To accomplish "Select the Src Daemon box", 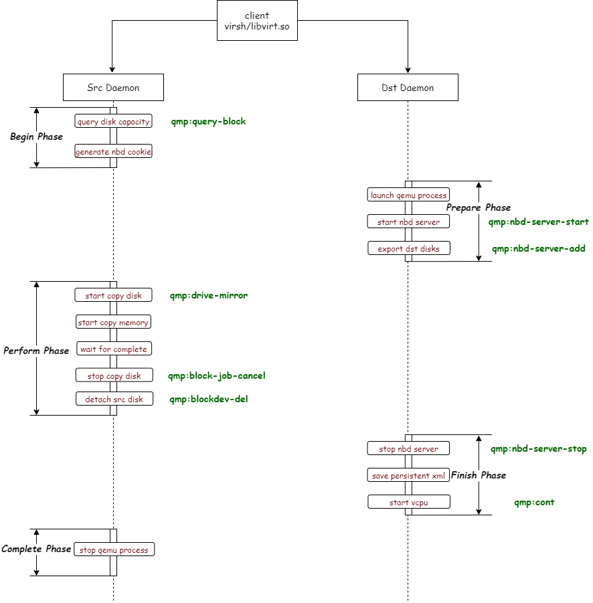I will [x=113, y=88].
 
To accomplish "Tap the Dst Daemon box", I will [x=408, y=88].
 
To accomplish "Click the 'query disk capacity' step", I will [x=113, y=122].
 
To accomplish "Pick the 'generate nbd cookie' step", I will [x=113, y=152].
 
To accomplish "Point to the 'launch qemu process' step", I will [x=408, y=195].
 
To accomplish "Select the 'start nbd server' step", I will [x=408, y=222].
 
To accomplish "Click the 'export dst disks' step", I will [x=408, y=248].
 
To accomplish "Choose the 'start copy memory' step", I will [x=113, y=323].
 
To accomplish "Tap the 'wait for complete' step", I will [x=113, y=349].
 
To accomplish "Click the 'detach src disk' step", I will [x=114, y=400].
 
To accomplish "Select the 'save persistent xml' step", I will [x=408, y=475].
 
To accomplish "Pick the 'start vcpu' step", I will [x=408, y=502].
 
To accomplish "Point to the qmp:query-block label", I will [x=208, y=122].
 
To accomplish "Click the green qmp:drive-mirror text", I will [x=208, y=295].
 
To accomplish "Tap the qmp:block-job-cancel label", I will [x=217, y=375].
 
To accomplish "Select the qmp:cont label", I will [x=534, y=502].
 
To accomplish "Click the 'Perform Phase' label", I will [x=36, y=351].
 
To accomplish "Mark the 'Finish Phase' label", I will [x=479, y=475].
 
